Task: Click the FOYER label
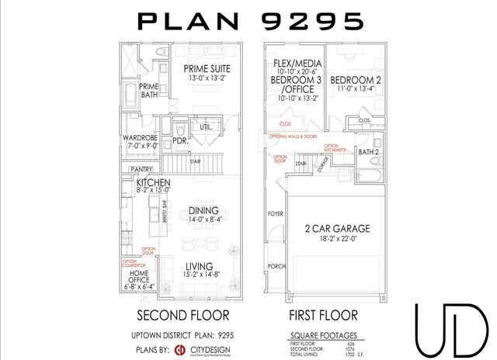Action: point(276,212)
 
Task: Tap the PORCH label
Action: point(276,265)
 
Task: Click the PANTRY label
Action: point(141,168)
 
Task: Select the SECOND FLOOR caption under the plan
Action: point(182,316)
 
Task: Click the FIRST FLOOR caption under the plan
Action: point(324,316)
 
